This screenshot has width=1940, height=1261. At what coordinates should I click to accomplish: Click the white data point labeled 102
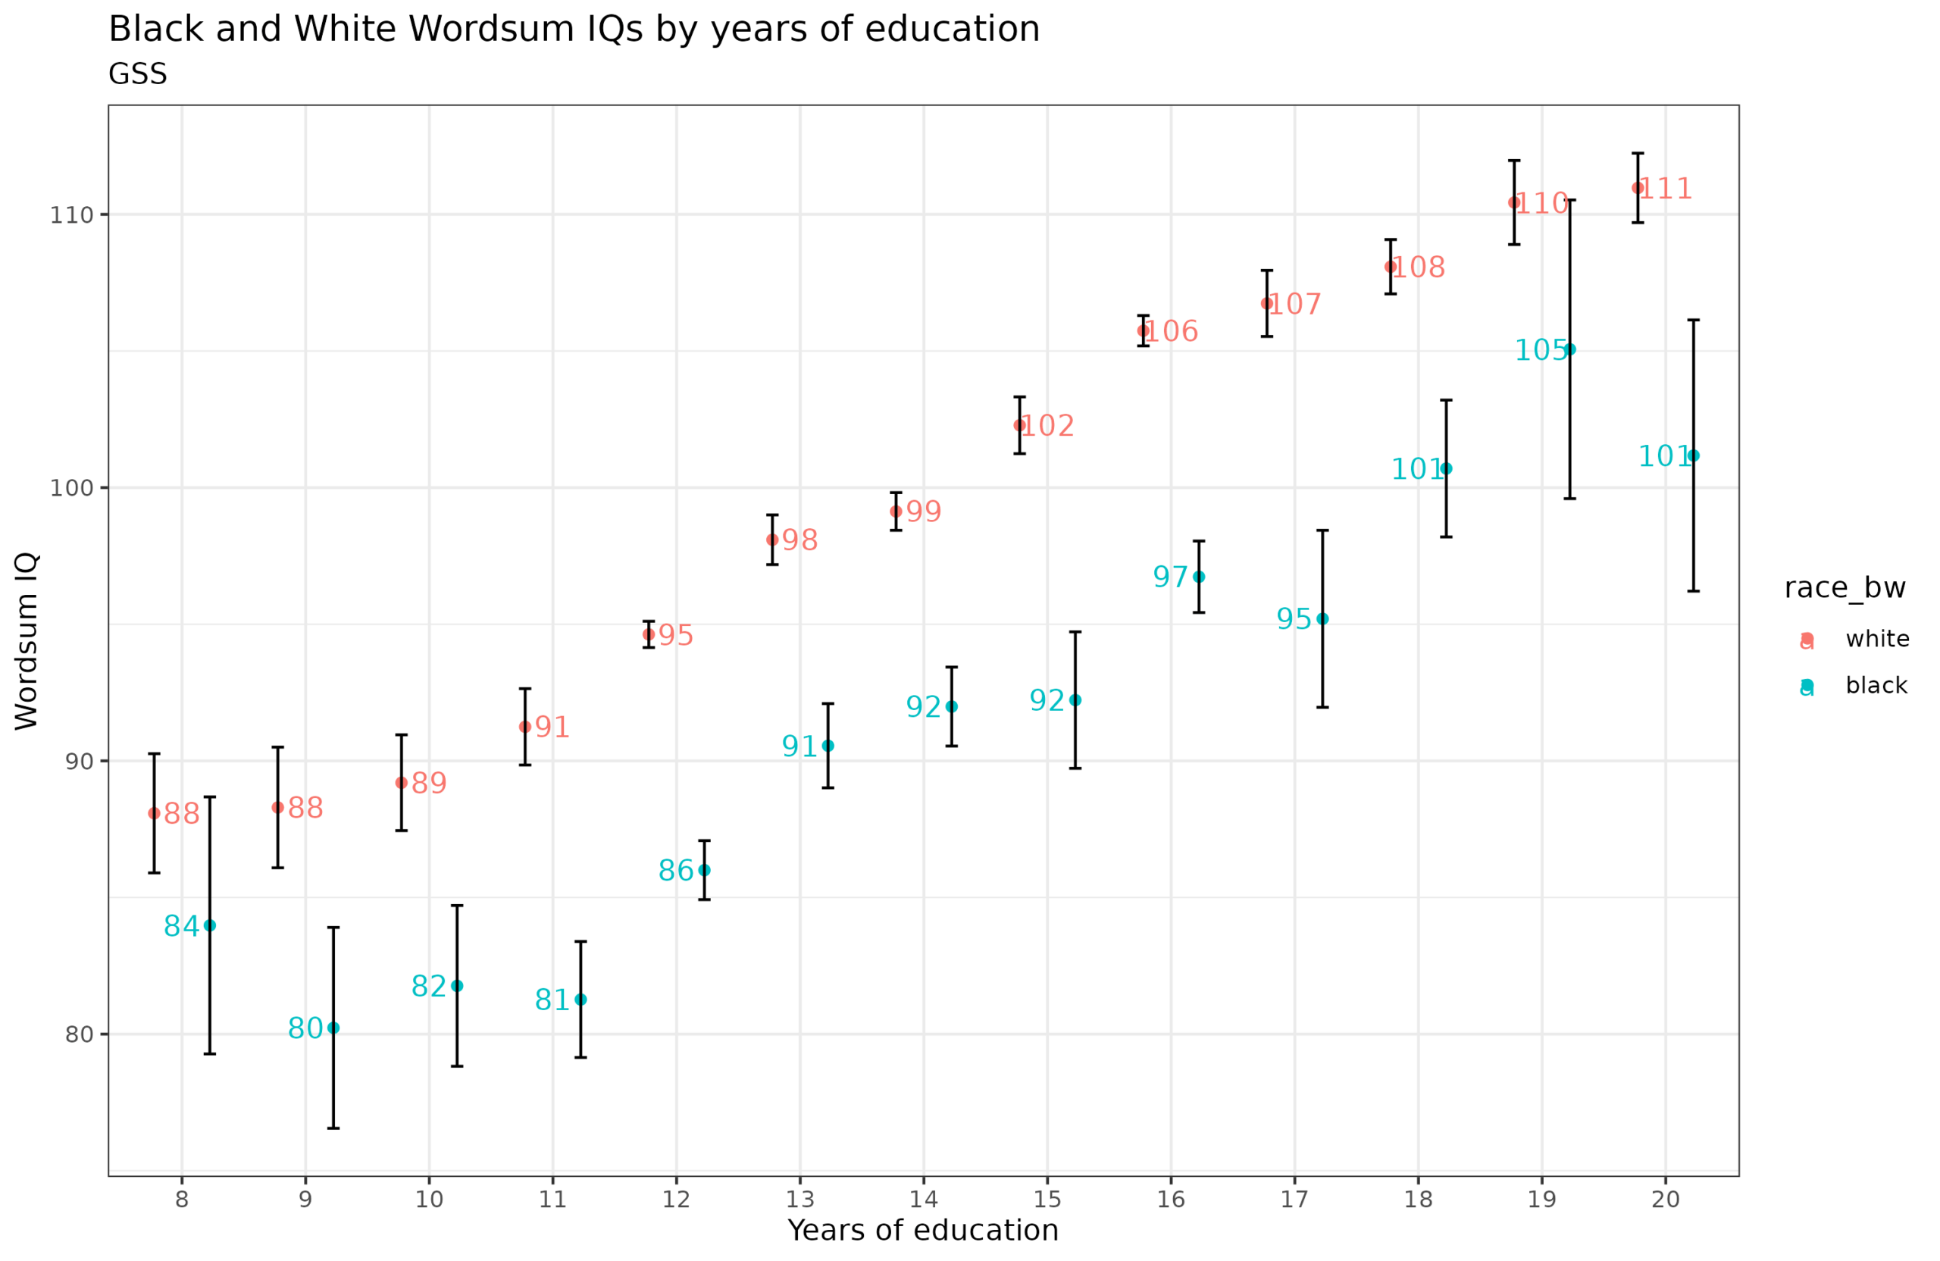(x=1019, y=425)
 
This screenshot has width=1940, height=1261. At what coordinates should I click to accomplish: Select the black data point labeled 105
(x=1570, y=349)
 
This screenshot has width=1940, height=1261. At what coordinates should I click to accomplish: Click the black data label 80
(x=305, y=1028)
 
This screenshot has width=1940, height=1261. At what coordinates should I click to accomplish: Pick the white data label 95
(x=676, y=636)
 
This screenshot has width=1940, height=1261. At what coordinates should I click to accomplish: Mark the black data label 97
(x=1171, y=577)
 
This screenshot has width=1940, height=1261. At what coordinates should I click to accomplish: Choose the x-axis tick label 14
(x=924, y=1200)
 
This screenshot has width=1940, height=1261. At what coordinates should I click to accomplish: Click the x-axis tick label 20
(x=1666, y=1200)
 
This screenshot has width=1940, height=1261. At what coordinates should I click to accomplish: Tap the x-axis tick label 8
(x=182, y=1200)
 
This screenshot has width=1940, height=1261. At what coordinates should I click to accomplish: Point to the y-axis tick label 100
(x=72, y=488)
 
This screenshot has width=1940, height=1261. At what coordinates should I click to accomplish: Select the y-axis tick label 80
(x=79, y=1034)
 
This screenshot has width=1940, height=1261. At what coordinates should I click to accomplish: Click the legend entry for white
(x=1877, y=639)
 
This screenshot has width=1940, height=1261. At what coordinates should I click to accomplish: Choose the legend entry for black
(x=1876, y=686)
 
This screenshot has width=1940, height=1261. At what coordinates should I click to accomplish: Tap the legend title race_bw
(x=1845, y=589)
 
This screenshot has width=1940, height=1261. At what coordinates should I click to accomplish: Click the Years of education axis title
(x=923, y=1231)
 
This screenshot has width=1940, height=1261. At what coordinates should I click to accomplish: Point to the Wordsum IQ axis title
(x=27, y=642)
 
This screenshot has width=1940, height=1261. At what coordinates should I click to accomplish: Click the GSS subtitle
(x=138, y=74)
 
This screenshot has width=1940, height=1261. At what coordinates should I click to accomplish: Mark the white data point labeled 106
(x=1143, y=331)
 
